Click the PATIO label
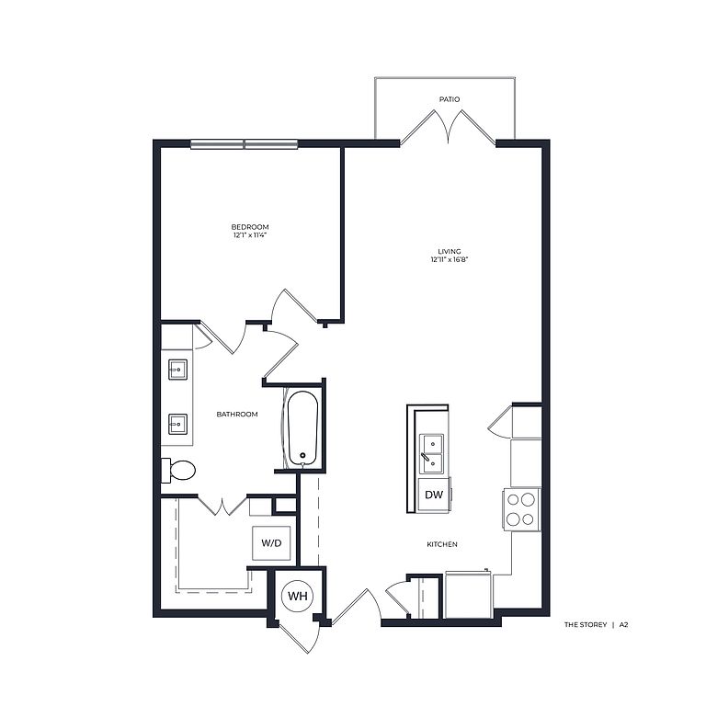[x=450, y=99]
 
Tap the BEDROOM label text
[x=250, y=227]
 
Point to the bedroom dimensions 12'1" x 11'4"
[x=250, y=235]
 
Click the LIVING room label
[x=450, y=251]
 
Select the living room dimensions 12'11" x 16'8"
[x=450, y=259]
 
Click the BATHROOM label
[x=237, y=415]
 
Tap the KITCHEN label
[x=442, y=544]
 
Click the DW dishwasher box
[x=434, y=495]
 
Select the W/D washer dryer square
[x=271, y=543]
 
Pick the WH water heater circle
[x=298, y=596]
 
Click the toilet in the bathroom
[x=178, y=471]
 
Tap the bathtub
[x=302, y=428]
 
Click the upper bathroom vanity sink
[x=177, y=370]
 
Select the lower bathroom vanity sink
[x=177, y=424]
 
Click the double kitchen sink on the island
[x=432, y=453]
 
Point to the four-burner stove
[x=521, y=509]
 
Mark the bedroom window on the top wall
[x=244, y=144]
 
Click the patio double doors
[x=449, y=128]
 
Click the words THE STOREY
[x=586, y=624]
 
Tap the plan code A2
[x=623, y=624]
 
